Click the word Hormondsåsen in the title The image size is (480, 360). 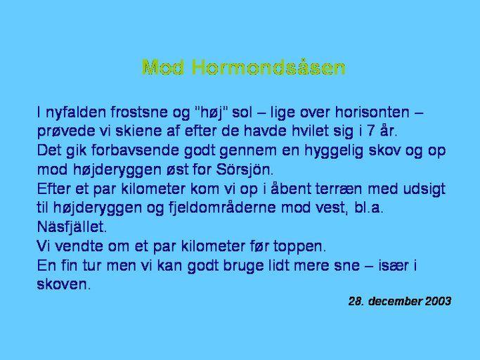tap(269, 67)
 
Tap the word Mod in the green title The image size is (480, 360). tap(163, 67)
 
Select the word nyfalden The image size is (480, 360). tap(76, 112)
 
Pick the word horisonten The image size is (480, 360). tap(372, 112)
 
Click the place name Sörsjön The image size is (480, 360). tap(245, 169)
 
